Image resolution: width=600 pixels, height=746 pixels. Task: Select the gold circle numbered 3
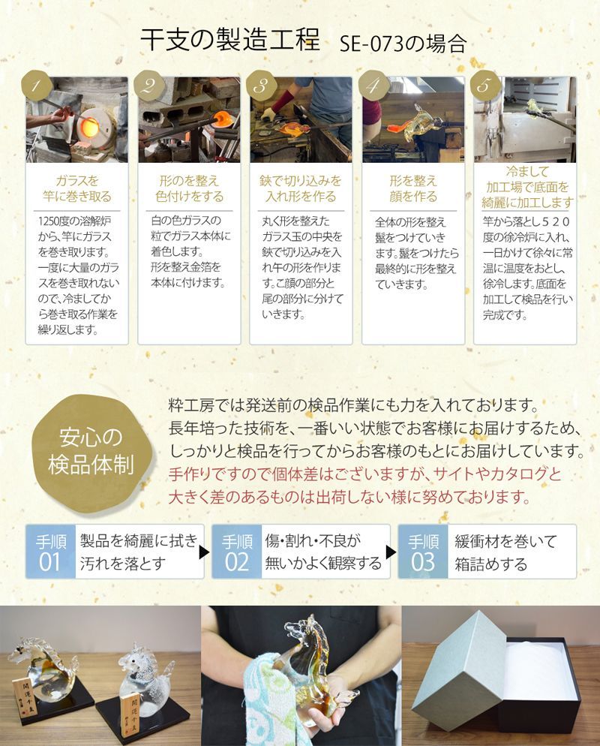coord(261,86)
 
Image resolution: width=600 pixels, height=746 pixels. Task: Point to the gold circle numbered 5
coord(484,86)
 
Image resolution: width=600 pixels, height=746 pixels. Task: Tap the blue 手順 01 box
coord(49,552)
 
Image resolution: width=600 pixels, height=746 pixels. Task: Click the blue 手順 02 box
coord(236,552)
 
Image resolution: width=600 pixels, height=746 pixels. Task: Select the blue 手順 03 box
coord(424,552)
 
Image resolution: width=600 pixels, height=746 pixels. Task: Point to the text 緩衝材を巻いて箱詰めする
coord(506,552)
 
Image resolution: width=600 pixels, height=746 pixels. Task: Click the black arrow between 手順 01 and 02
coord(203,553)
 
